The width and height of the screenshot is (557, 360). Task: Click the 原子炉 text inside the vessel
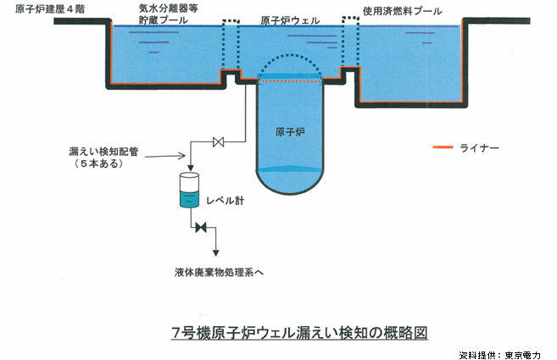coord(292,132)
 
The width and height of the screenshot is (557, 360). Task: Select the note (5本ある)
coord(99,164)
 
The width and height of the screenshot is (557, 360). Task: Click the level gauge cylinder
coord(190,191)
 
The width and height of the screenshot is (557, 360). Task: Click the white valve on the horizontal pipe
coord(219,141)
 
